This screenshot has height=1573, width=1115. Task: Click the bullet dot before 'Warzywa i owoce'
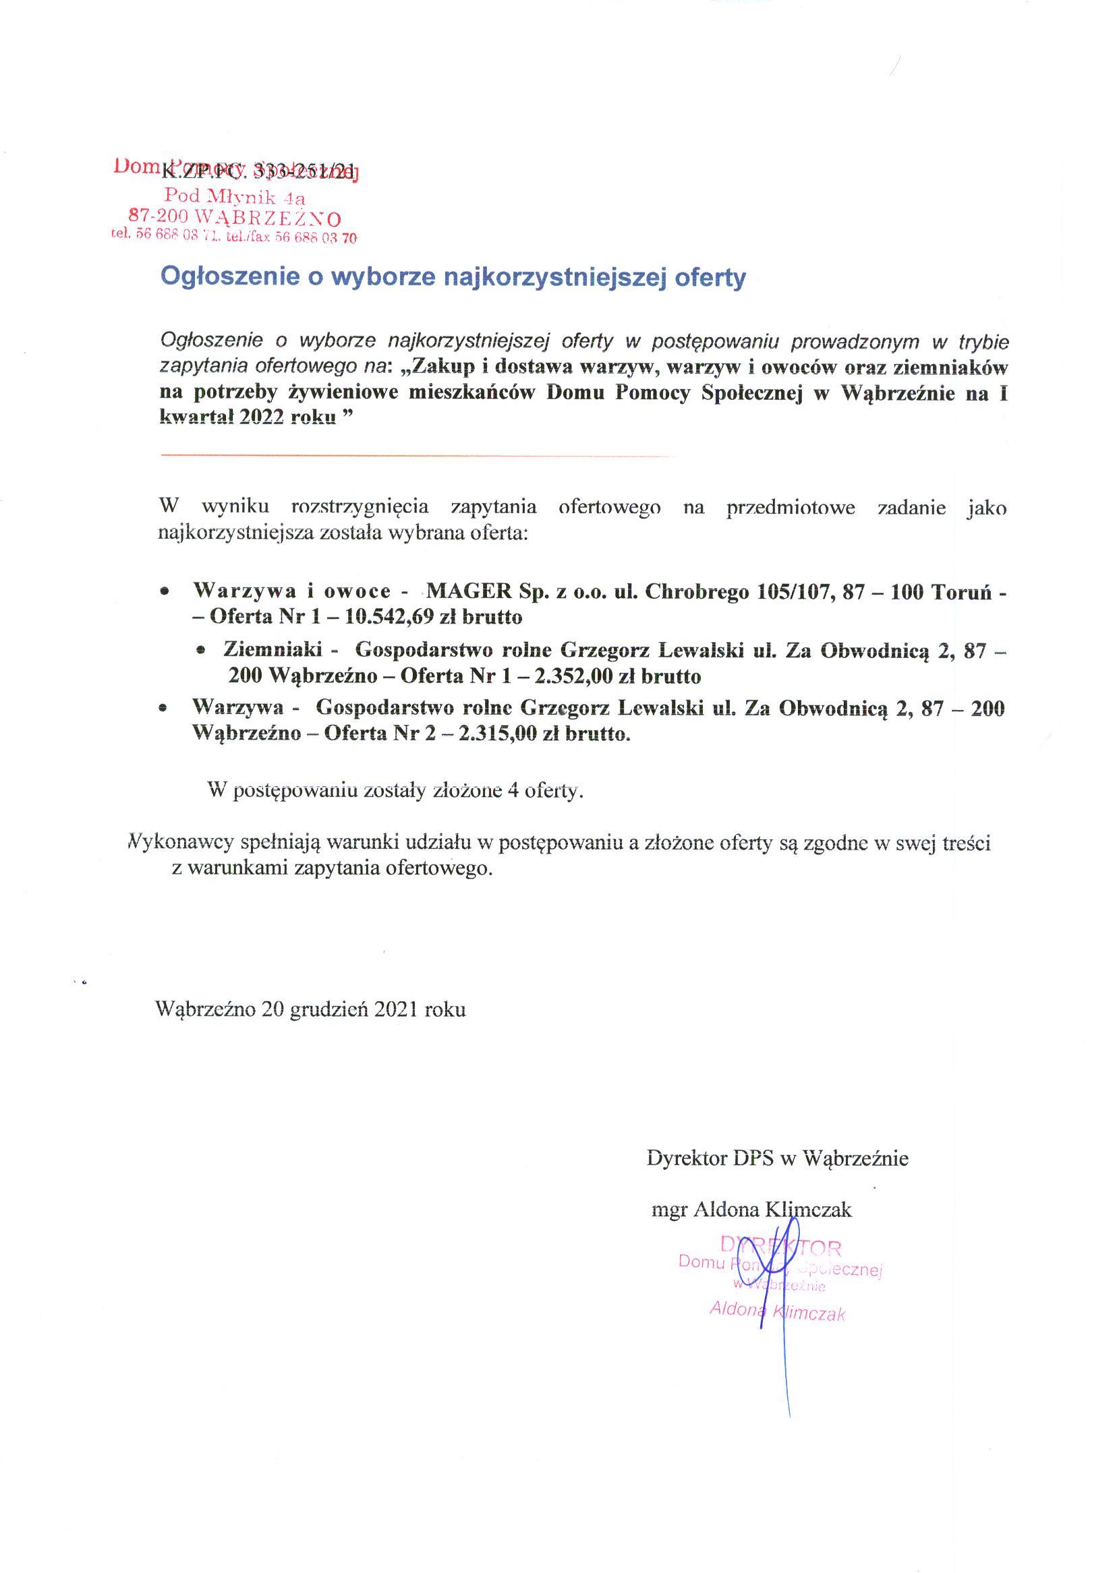[163, 591]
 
